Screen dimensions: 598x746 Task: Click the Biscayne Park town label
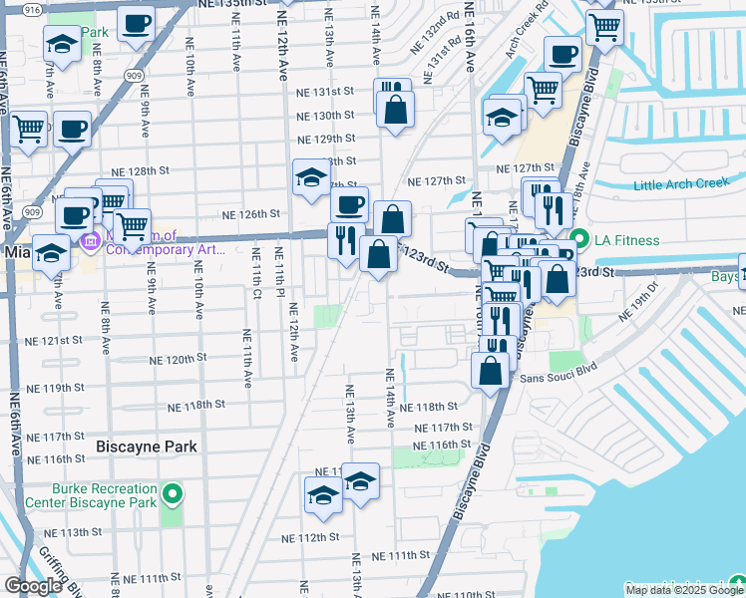(148, 447)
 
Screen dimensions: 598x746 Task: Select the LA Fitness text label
(627, 240)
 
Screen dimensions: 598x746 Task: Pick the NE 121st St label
(54, 340)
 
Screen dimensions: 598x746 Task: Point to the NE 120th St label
(178, 359)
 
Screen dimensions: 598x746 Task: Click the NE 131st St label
(326, 91)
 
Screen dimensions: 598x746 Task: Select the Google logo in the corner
(33, 586)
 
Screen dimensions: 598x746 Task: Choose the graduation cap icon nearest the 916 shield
(62, 44)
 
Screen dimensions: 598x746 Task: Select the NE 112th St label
(311, 538)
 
